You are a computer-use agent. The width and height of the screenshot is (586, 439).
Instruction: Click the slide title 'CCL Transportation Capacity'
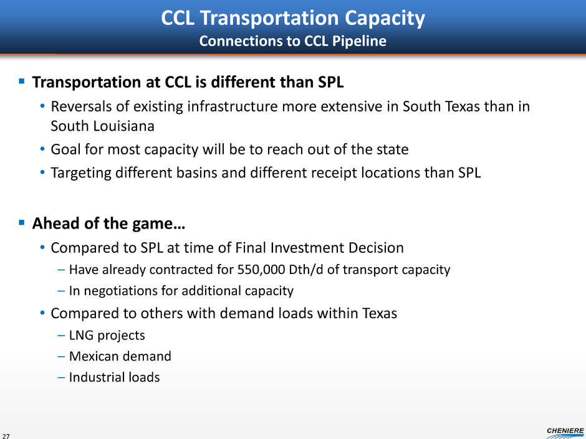(293, 18)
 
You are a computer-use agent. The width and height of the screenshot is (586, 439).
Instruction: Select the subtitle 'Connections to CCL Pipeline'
(292, 41)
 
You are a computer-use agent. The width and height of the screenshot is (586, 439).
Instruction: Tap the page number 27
(6, 436)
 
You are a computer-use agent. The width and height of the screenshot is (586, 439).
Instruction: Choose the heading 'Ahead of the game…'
(108, 224)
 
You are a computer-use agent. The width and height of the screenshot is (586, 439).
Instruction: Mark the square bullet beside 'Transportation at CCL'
(22, 80)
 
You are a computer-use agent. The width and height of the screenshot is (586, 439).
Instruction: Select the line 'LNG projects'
(107, 335)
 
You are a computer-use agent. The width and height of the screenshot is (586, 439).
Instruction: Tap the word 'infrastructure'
(232, 106)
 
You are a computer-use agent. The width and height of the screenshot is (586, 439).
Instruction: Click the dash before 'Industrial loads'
(61, 377)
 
